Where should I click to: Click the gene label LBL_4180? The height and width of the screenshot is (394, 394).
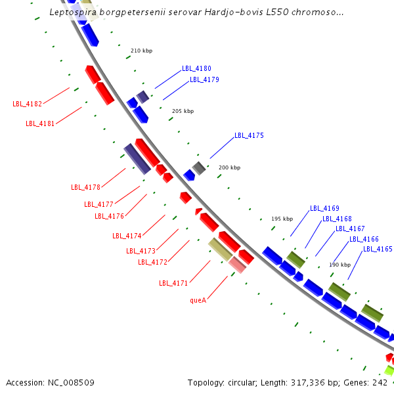point(196,68)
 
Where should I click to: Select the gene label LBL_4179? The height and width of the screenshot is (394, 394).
point(204,79)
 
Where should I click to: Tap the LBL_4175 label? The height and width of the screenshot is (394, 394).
point(249,135)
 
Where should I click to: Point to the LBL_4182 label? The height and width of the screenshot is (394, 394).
point(27,104)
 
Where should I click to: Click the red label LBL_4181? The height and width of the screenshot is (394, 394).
point(40,123)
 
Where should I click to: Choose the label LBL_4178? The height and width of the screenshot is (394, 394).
point(85,187)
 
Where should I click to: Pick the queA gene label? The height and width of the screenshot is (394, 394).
point(198,300)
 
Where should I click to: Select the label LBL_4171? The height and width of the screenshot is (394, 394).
point(173,283)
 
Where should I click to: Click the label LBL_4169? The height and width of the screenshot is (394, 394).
point(324,208)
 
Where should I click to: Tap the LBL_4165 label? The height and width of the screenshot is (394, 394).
point(378,249)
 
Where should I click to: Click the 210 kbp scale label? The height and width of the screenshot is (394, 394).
point(141,51)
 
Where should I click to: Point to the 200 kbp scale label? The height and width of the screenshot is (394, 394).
point(229,167)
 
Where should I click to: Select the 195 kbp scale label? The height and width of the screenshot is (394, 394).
point(282,218)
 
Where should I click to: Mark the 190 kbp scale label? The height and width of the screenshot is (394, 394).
point(339,264)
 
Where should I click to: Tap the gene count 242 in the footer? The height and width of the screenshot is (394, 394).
point(380,382)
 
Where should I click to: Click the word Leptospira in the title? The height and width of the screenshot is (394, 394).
point(74,12)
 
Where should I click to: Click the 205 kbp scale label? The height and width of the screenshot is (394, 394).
point(183,111)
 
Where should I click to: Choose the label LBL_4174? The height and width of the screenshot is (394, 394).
point(127,236)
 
